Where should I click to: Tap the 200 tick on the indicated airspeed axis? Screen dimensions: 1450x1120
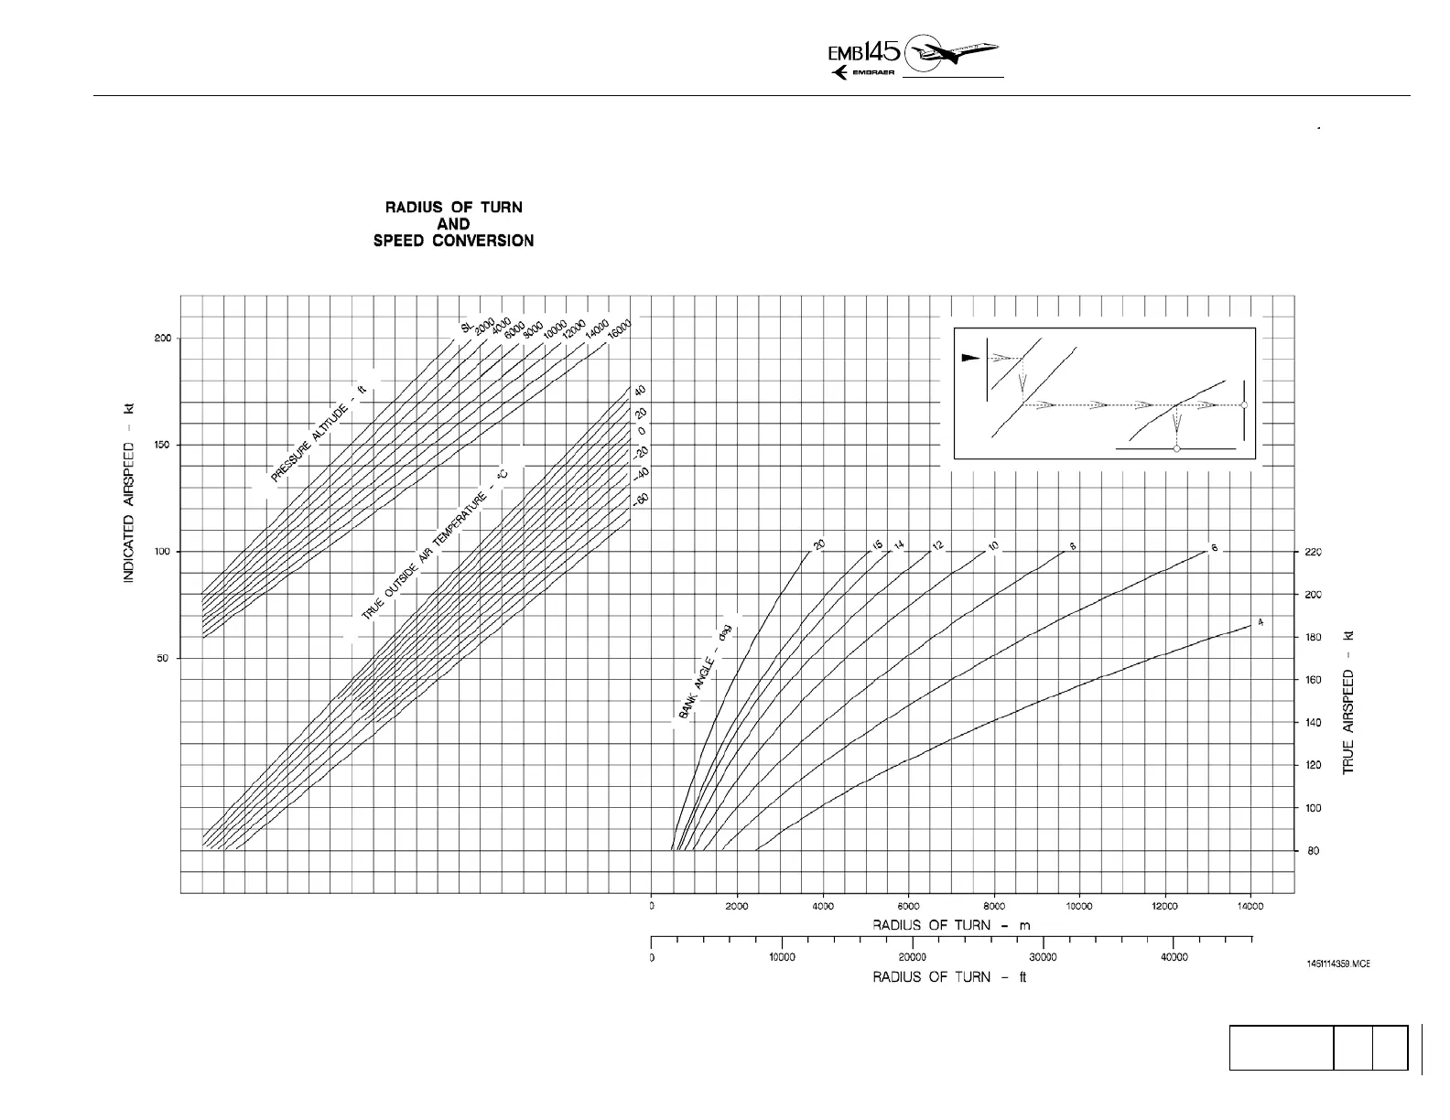162,339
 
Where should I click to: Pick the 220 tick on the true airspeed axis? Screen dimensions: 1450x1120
1312,553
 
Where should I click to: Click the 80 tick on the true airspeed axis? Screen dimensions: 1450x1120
1312,852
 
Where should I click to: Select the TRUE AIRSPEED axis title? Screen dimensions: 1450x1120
1348,703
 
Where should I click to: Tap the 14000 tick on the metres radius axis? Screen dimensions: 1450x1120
1250,907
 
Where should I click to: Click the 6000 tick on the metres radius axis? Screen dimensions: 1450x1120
908,907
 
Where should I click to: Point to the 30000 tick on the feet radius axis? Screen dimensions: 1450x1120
1043,958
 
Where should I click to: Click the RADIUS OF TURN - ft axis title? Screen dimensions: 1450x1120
949,977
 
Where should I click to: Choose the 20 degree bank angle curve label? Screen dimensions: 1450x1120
819,545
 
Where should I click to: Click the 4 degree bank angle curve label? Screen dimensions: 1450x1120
1261,622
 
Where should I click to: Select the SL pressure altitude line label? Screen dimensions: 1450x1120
466,327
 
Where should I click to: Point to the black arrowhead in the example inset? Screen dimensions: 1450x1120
969,358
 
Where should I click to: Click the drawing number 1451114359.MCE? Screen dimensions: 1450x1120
1337,964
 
